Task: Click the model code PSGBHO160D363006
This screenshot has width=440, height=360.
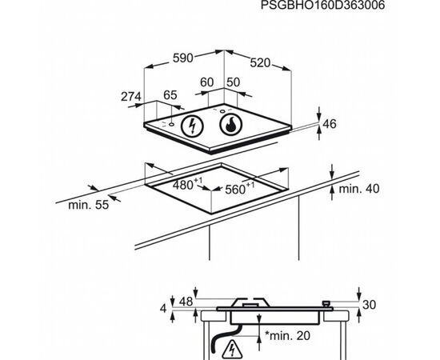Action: [x=322, y=5]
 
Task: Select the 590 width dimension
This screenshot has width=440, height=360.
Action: [x=183, y=58]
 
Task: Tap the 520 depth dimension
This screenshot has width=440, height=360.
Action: [x=260, y=63]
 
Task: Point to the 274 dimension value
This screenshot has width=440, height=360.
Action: [x=131, y=97]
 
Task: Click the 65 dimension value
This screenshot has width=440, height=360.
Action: [x=170, y=95]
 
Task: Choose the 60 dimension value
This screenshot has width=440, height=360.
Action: [x=207, y=82]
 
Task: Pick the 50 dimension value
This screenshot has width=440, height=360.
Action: [x=233, y=82]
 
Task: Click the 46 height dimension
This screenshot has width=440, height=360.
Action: [x=330, y=124]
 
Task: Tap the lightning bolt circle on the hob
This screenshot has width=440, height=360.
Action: [x=192, y=126]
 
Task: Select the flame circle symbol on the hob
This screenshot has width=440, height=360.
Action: [x=230, y=124]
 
